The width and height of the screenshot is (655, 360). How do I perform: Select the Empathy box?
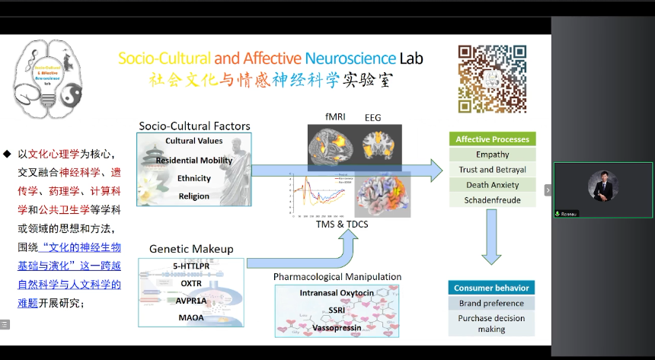pyautogui.click(x=492, y=155)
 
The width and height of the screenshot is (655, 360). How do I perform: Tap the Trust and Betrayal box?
pyautogui.click(x=492, y=170)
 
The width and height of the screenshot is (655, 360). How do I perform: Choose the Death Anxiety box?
pyautogui.click(x=492, y=185)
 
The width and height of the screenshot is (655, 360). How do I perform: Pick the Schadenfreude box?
pyautogui.click(x=492, y=200)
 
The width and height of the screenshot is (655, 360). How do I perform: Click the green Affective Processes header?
pyautogui.click(x=492, y=139)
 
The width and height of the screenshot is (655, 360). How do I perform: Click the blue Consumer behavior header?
pyautogui.click(x=491, y=288)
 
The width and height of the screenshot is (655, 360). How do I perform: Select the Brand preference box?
pyautogui.click(x=491, y=303)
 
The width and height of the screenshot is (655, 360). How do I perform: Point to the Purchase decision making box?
pyautogui.click(x=491, y=323)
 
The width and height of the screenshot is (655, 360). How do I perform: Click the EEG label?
pyautogui.click(x=373, y=117)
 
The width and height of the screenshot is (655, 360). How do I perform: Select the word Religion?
pyautogui.click(x=193, y=196)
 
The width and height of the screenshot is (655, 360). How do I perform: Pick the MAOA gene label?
pyautogui.click(x=191, y=317)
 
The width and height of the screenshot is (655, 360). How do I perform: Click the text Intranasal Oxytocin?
pyautogui.click(x=337, y=293)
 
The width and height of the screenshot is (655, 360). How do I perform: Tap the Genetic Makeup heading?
pyautogui.click(x=191, y=249)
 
